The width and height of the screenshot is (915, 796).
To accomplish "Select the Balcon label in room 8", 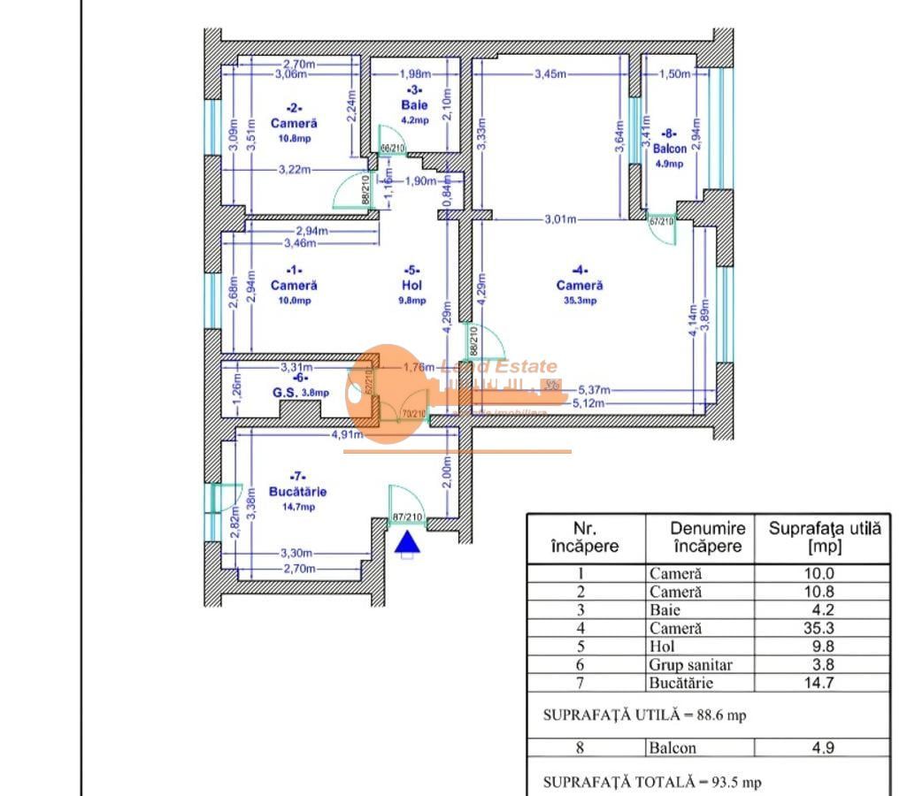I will pos(670,149).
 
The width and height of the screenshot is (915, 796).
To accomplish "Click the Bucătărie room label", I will pos(298,492).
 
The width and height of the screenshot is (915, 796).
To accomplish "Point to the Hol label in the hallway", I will pos(411,286).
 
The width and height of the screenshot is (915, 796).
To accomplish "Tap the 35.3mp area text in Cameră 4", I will pos(580,301).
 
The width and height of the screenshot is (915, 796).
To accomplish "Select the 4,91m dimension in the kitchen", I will pos(348,434).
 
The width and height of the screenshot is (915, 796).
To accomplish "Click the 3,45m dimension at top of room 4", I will pos(550,74).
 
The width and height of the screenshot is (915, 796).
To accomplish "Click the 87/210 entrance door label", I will pos(407,517).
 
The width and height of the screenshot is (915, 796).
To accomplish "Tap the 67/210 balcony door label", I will pos(661,221).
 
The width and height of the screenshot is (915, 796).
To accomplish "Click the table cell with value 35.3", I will pos(822,628).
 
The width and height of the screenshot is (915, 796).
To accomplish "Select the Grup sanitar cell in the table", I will pos(690,664).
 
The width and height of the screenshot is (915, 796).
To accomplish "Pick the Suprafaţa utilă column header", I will pos(824,538).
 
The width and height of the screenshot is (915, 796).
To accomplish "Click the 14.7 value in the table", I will pos(822,682).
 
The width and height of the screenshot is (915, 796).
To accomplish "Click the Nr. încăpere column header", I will pos(585,538).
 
